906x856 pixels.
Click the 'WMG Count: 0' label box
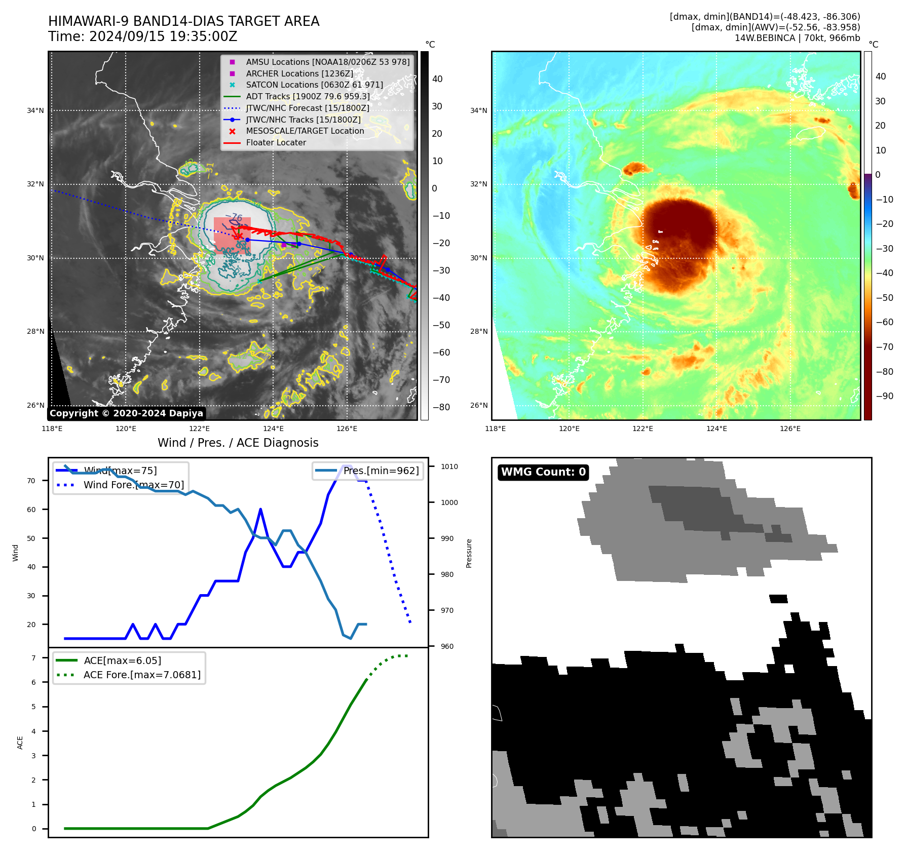pyautogui.click(x=543, y=472)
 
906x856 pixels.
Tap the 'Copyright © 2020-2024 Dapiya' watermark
pyautogui.click(x=126, y=413)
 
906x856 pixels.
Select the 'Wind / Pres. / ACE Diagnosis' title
pyautogui.click(x=238, y=443)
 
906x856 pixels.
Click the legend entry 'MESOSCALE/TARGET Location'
pyautogui.click(x=305, y=131)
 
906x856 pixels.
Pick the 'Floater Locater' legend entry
pyautogui.click(x=276, y=143)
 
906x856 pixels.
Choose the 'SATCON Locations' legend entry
pyautogui.click(x=314, y=85)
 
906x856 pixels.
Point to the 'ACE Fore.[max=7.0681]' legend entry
pyautogui.click(x=142, y=675)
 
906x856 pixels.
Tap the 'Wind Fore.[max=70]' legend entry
pyautogui.click(x=134, y=485)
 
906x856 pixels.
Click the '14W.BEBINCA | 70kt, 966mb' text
pyautogui.click(x=797, y=38)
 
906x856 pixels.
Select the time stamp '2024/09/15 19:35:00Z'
pyautogui.click(x=163, y=37)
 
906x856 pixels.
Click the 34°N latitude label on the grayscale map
pyautogui.click(x=35, y=111)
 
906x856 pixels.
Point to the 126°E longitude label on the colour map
pyautogui.click(x=790, y=429)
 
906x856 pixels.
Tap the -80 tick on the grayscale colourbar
pyautogui.click(x=441, y=407)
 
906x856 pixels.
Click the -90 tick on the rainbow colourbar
pyautogui.click(x=884, y=396)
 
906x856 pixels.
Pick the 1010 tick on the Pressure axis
pyautogui.click(x=449, y=467)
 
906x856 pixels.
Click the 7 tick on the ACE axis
pyautogui.click(x=33, y=658)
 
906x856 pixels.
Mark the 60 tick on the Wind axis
pyautogui.click(x=31, y=510)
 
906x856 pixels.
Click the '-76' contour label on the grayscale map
pyautogui.click(x=234, y=217)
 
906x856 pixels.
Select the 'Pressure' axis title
pyautogui.click(x=469, y=553)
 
